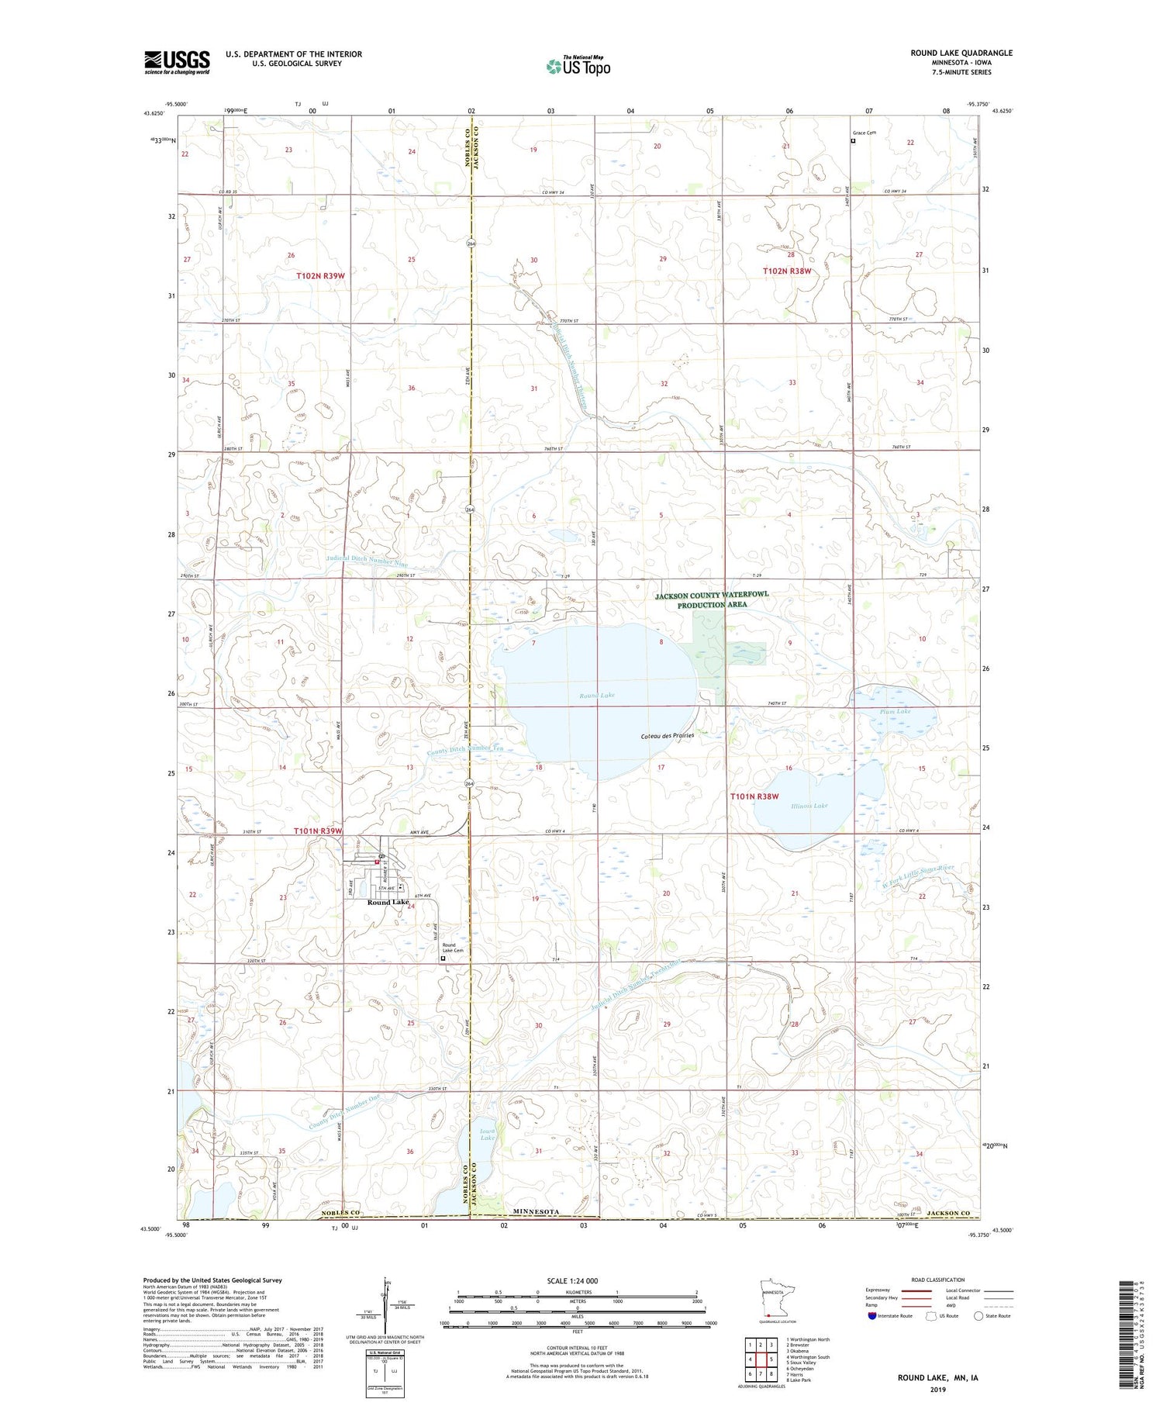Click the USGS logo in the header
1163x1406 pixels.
click(177, 62)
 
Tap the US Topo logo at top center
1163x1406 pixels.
click(578, 67)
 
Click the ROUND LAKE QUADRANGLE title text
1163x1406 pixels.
click(961, 53)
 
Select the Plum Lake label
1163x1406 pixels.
click(895, 711)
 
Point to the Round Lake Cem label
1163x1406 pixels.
click(453, 948)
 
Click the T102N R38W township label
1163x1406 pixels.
click(786, 271)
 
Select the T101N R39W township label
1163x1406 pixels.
click(318, 831)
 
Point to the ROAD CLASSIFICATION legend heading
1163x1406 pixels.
click(938, 1280)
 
